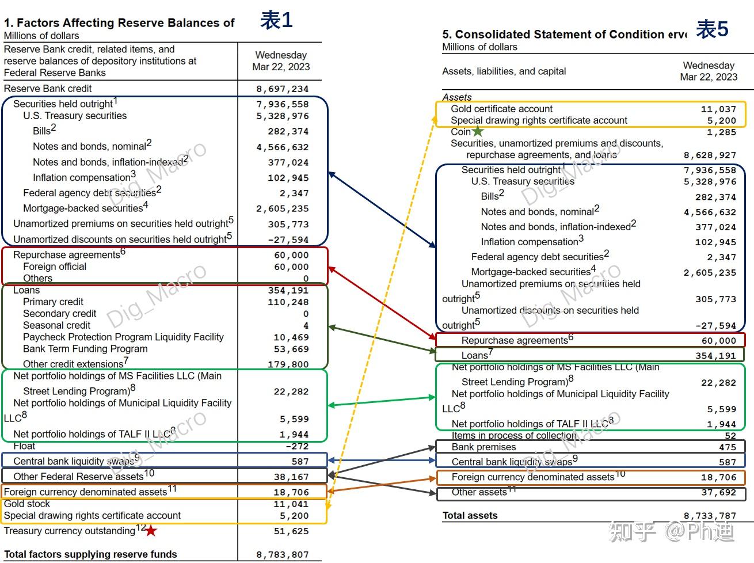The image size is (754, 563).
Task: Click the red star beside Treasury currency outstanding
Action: [x=151, y=531]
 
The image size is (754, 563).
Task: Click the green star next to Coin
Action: [x=478, y=132]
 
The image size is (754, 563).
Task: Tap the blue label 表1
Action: [x=276, y=21]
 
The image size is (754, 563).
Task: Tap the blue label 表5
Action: [x=712, y=29]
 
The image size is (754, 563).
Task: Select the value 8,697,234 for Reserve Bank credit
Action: [x=282, y=89]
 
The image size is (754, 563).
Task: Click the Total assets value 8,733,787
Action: [x=710, y=516]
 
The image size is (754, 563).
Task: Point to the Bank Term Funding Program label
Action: [x=85, y=349]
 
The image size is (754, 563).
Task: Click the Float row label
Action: [x=24, y=446]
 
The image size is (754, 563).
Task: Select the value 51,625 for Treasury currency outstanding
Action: [x=291, y=531]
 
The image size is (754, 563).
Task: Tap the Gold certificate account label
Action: [x=501, y=109]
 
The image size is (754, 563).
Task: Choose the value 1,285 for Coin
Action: [x=721, y=132]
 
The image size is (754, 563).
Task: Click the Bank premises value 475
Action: [x=727, y=447]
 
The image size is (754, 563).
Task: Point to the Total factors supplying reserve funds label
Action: [x=90, y=554]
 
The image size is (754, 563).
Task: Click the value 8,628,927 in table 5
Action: [x=710, y=155]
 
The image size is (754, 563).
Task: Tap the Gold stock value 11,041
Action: [x=291, y=504]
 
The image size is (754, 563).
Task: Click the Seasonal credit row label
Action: [x=56, y=325]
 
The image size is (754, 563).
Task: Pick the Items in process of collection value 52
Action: [x=730, y=436]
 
